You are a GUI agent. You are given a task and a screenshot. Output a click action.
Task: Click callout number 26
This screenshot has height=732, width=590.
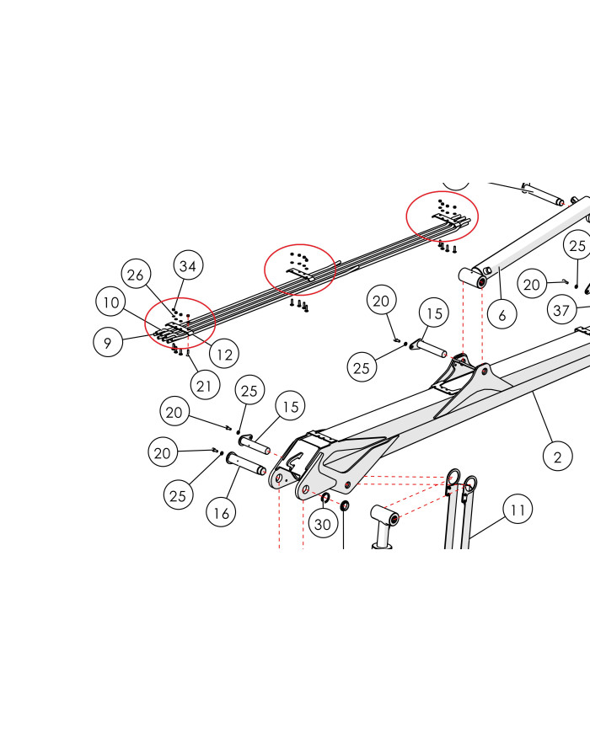(x=136, y=275)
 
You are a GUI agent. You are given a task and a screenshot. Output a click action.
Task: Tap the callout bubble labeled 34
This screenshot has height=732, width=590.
(x=188, y=265)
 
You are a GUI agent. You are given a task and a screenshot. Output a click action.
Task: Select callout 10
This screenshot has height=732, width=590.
(x=110, y=302)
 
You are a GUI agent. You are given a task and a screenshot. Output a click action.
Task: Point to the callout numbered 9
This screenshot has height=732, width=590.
(x=108, y=342)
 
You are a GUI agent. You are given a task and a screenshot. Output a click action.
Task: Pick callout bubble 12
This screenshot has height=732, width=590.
(x=224, y=355)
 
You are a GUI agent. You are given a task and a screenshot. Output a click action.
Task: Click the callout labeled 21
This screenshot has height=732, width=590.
(x=204, y=386)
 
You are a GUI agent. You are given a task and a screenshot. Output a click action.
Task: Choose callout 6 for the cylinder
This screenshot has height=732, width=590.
(x=501, y=315)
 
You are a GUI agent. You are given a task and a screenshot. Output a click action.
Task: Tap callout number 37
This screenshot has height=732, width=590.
(x=562, y=310)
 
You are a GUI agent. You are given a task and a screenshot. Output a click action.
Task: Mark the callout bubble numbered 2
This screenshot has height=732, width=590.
(x=558, y=457)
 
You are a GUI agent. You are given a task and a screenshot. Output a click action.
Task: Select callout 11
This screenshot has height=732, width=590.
(x=518, y=510)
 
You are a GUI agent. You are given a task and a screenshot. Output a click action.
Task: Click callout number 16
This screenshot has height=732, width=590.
(x=221, y=513)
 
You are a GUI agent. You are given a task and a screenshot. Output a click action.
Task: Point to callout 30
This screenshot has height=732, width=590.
(x=323, y=524)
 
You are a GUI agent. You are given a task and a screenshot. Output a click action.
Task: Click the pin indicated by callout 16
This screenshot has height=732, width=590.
(x=246, y=464)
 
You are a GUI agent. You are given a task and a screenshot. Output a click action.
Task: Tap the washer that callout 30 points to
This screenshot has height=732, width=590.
(x=325, y=497)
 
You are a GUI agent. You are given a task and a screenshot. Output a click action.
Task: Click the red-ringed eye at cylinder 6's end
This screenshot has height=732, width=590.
(x=482, y=281)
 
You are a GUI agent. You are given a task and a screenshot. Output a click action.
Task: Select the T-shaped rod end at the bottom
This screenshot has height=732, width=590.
(x=385, y=521)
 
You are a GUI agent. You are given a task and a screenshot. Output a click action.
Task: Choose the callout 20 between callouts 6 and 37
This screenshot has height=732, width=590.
(x=532, y=284)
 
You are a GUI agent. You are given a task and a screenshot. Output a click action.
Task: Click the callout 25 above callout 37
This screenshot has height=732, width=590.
(x=577, y=246)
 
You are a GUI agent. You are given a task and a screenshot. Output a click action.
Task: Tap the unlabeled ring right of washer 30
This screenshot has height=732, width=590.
(x=344, y=505)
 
